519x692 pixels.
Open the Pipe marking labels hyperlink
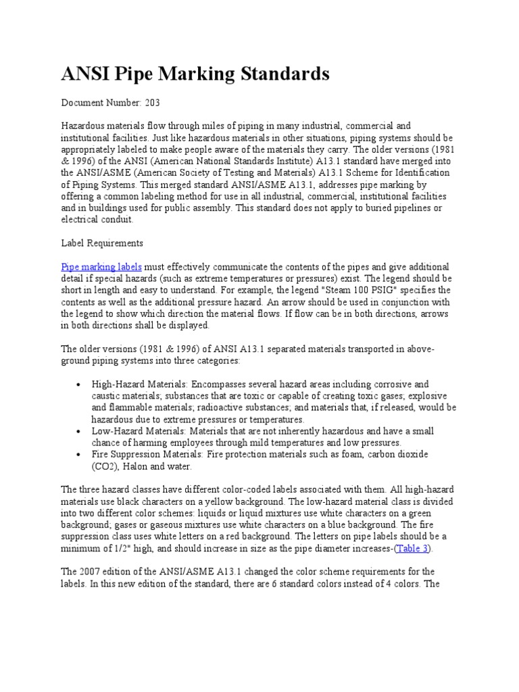[x=101, y=267]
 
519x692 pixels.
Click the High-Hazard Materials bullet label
[x=138, y=384]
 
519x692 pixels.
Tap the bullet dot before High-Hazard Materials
[x=80, y=385]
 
